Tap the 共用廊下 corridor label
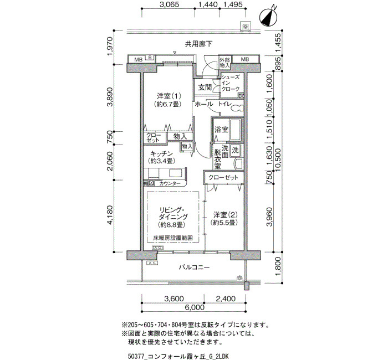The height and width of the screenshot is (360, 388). tap(198, 44)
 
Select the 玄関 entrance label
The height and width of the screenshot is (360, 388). tap(205, 88)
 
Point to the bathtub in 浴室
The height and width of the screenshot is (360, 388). tap(236, 130)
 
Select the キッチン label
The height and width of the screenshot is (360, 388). tap(161, 153)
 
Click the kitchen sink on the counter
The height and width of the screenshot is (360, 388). tap(176, 173)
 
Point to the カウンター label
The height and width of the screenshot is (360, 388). tap(170, 183)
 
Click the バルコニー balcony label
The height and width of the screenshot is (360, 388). tap(195, 268)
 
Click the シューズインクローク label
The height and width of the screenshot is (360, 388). tap(231, 83)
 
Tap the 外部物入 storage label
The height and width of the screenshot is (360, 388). tap(224, 62)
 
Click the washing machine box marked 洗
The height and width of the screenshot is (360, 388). tap(235, 150)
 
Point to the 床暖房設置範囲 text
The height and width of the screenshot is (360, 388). tap(173, 238)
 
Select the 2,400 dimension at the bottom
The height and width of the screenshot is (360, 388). tap(226, 299)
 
